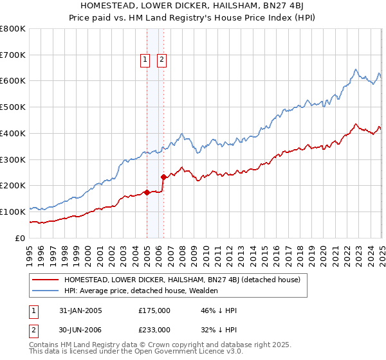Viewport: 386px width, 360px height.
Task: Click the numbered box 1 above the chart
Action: pyautogui.click(x=145, y=60)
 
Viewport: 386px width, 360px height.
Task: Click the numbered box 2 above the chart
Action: pyautogui.click(x=161, y=60)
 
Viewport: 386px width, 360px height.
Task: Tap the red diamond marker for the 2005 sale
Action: pyautogui.click(x=147, y=192)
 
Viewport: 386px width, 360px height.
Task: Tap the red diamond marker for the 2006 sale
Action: pyautogui.click(x=163, y=176)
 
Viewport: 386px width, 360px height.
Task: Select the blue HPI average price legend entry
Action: pyautogui.click(x=141, y=291)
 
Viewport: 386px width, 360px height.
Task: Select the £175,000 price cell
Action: pyautogui.click(x=154, y=310)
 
